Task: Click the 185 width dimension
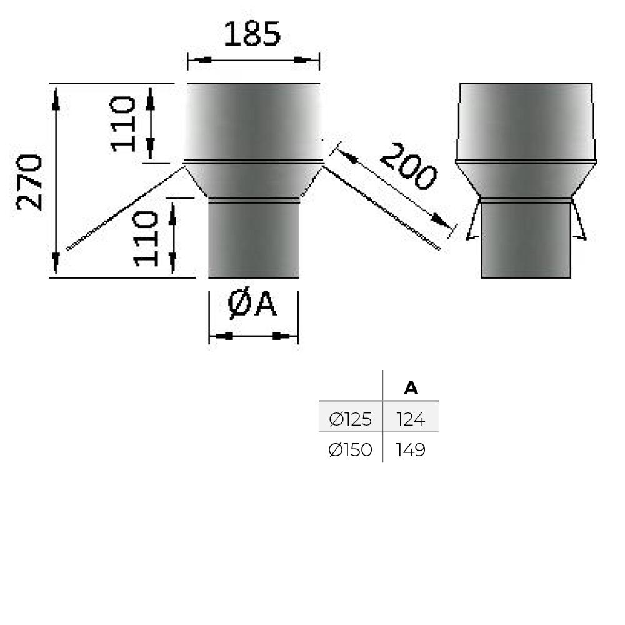point(252,34)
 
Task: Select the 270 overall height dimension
point(29,182)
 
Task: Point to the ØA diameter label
point(252,305)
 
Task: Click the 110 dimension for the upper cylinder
point(124,124)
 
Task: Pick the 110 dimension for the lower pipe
point(147,238)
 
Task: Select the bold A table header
point(411,388)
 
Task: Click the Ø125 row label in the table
point(350,419)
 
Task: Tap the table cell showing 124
point(411,419)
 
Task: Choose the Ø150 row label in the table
point(350,450)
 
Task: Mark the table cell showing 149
point(411,450)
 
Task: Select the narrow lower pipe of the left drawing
point(253,241)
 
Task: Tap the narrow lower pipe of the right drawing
point(526,241)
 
